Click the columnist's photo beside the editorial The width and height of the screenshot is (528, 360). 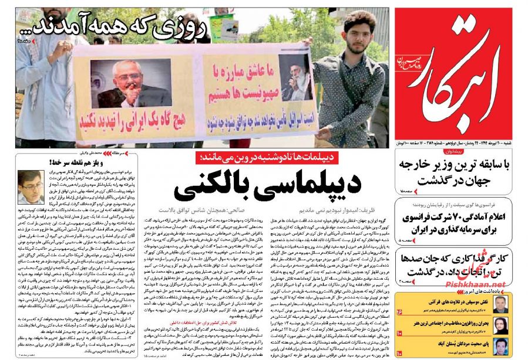point(31,187)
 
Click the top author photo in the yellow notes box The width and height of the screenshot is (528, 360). point(500,304)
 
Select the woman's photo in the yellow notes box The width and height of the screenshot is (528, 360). point(500,325)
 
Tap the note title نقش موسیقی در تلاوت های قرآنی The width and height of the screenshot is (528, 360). point(447,300)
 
